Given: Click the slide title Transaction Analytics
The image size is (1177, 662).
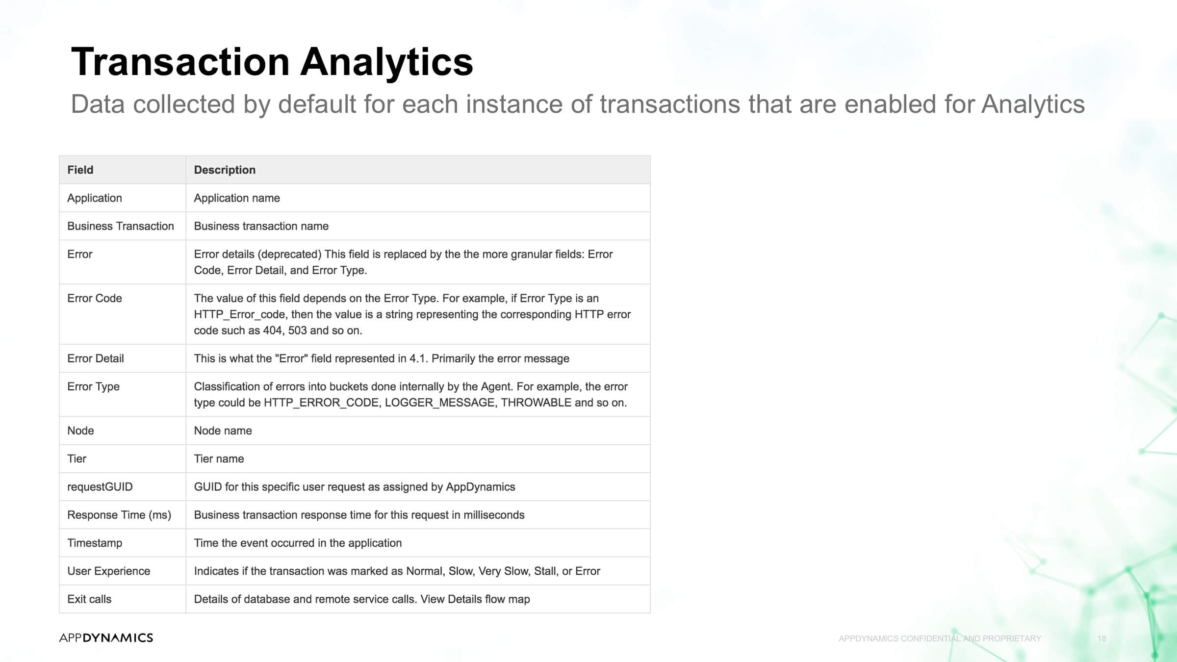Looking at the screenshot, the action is coord(272,62).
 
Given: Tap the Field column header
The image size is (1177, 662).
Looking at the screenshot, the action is coord(80,170).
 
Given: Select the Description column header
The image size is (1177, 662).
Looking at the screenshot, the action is coord(225,170).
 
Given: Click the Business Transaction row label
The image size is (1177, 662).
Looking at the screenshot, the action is coord(121,226).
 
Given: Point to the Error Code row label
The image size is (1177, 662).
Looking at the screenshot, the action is coord(95,298).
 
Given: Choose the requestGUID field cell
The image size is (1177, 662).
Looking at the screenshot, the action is coord(100,487).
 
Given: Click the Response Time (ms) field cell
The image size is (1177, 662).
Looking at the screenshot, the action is coord(119,515).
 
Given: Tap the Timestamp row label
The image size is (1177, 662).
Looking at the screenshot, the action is coord(95,543).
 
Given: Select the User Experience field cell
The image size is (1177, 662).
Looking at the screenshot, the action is coord(109,571).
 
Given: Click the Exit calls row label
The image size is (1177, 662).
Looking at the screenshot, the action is coord(89,599).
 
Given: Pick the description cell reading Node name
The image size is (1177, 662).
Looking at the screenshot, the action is coord(223,431).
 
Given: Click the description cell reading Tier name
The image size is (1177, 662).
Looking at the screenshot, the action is coord(219,458).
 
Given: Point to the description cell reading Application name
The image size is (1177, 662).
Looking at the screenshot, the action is coord(237,198).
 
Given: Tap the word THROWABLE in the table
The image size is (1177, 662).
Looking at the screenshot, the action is coord(536,403).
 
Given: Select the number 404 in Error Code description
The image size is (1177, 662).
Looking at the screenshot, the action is coord(273,331).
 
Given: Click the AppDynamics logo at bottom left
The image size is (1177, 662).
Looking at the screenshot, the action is coord(106,637).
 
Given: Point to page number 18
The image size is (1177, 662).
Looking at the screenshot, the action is coord(1101,638).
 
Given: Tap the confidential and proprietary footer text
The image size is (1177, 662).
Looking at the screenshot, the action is coord(940,638).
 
